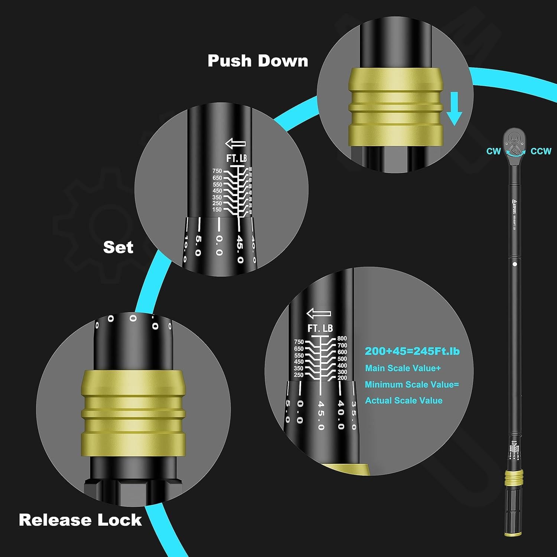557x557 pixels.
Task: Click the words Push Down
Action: click(258, 61)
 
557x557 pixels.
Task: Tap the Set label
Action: click(118, 247)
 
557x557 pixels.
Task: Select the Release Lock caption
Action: click(80, 520)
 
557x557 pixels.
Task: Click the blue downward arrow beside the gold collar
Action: click(454, 109)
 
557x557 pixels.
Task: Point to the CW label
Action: click(494, 151)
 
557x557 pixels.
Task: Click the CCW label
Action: click(541, 151)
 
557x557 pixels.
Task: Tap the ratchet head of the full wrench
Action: click(514, 143)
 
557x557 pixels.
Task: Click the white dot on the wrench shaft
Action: click(515, 264)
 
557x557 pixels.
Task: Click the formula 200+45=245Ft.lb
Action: click(412, 351)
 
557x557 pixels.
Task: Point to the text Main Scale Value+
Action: click(403, 368)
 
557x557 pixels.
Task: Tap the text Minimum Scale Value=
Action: click(412, 385)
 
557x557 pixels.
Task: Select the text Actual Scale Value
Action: click(404, 401)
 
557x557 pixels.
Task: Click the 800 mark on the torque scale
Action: click(342, 338)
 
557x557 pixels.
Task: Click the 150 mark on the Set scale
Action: click(217, 210)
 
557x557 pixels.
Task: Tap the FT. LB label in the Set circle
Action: click(237, 158)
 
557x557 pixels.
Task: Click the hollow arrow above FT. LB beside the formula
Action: click(319, 314)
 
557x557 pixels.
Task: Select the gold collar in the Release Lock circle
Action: click(133, 412)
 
